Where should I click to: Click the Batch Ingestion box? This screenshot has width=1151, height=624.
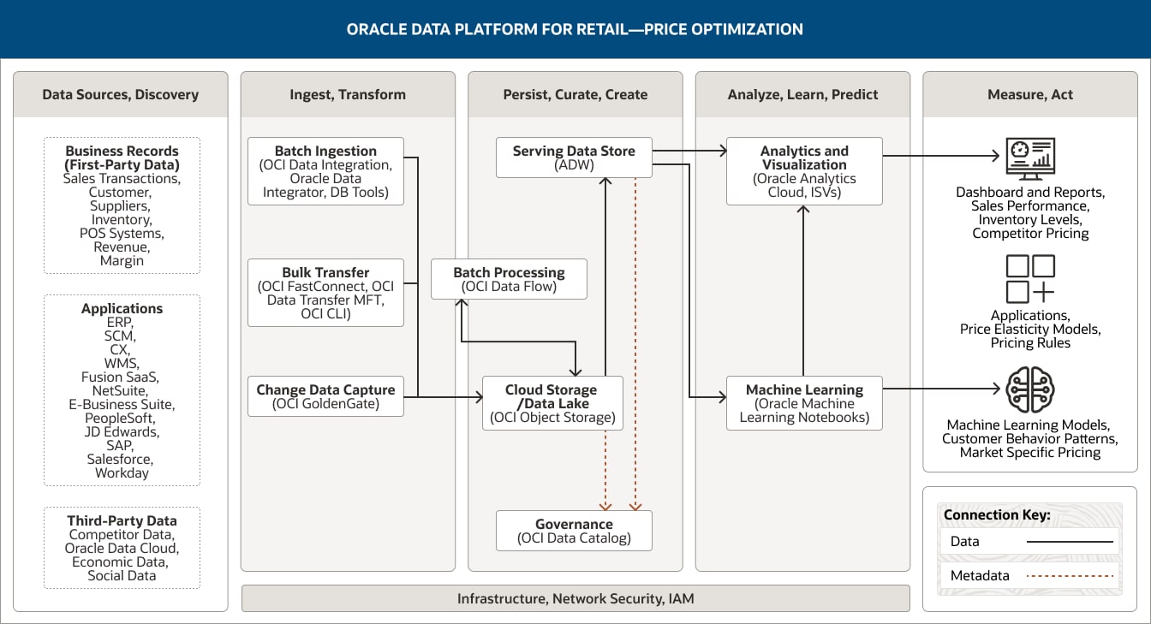[325, 171]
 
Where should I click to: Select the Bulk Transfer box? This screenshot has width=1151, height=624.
[325, 293]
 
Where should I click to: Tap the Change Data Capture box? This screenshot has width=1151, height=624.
[325, 396]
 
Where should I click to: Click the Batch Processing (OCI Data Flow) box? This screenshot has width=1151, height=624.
[509, 279]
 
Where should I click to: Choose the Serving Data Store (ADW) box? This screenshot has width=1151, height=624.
[574, 157]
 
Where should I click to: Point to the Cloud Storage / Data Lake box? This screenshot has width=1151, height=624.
[552, 403]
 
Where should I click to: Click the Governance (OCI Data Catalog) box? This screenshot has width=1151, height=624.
[574, 531]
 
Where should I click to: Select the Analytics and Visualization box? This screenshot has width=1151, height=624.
[804, 171]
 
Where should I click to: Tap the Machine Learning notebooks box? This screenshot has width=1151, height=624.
[804, 403]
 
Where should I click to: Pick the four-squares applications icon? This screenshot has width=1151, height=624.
[1030, 279]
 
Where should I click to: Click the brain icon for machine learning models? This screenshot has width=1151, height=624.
[1030, 390]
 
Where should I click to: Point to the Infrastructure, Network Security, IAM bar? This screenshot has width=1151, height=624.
[575, 598]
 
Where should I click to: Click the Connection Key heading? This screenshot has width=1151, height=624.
[997, 515]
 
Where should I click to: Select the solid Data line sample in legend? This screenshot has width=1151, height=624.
[1070, 541]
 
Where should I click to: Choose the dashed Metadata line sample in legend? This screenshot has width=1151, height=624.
[1070, 575]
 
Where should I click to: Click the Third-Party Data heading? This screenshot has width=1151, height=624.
[122, 520]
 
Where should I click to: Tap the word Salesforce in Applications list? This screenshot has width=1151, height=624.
[122, 460]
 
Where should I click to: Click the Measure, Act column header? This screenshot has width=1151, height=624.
[1030, 94]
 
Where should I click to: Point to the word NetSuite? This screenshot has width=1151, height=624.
[122, 391]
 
